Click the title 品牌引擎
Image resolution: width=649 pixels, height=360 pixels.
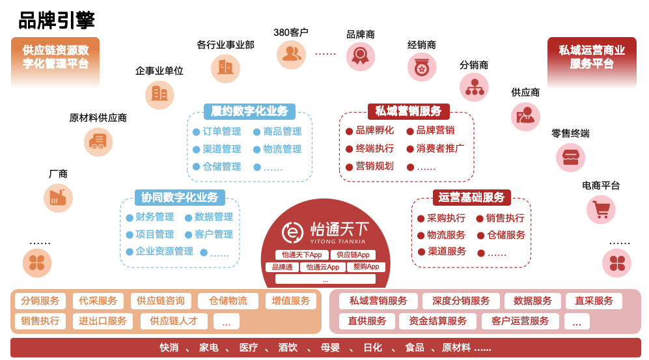[x=57, y=20]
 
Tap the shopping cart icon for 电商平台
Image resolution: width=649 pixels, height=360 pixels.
[x=601, y=210]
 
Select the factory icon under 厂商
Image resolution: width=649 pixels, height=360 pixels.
[x=58, y=198]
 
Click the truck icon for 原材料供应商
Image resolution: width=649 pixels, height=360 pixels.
[x=98, y=142]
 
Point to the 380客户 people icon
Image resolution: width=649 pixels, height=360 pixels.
[x=292, y=55]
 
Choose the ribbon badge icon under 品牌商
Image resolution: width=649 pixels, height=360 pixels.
[x=361, y=56]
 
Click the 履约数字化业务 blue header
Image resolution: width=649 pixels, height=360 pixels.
[x=249, y=111]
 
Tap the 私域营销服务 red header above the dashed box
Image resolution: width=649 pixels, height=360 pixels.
[x=409, y=111]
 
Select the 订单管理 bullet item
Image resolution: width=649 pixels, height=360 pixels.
[x=217, y=132]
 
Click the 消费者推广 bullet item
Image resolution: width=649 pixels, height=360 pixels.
[x=435, y=148]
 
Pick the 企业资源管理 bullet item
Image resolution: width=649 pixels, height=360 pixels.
[x=159, y=251]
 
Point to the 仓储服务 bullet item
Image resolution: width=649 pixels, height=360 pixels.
[x=501, y=235]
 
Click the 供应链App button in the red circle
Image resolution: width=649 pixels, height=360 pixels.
[x=353, y=255]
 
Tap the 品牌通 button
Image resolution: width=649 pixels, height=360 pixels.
[x=283, y=268]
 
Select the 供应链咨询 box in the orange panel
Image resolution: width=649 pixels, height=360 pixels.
[x=161, y=301]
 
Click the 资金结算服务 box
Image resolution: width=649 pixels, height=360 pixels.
[x=437, y=321]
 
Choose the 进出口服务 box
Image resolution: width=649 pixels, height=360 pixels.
[x=102, y=321]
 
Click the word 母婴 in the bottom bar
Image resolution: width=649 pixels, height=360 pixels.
[x=330, y=348]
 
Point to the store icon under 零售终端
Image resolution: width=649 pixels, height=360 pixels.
[x=570, y=158]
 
